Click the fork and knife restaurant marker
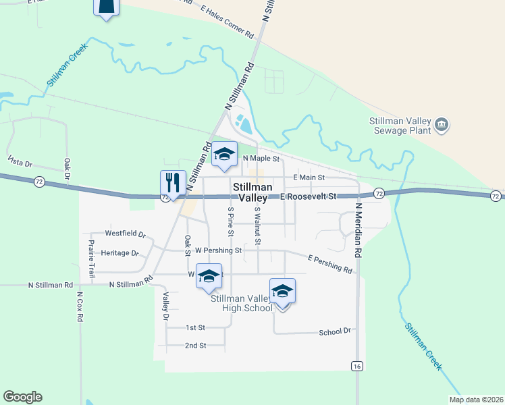point(173,182)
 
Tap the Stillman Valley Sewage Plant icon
point(442,125)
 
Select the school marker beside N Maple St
point(224,155)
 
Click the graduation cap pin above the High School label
point(282,292)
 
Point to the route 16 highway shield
point(356,365)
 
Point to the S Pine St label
point(230,222)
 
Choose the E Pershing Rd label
point(329,264)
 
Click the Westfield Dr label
point(125,234)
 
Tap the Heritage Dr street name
point(119,253)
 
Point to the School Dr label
point(335,331)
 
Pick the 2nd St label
point(195,346)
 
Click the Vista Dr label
point(20,162)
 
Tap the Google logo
point(22,397)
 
